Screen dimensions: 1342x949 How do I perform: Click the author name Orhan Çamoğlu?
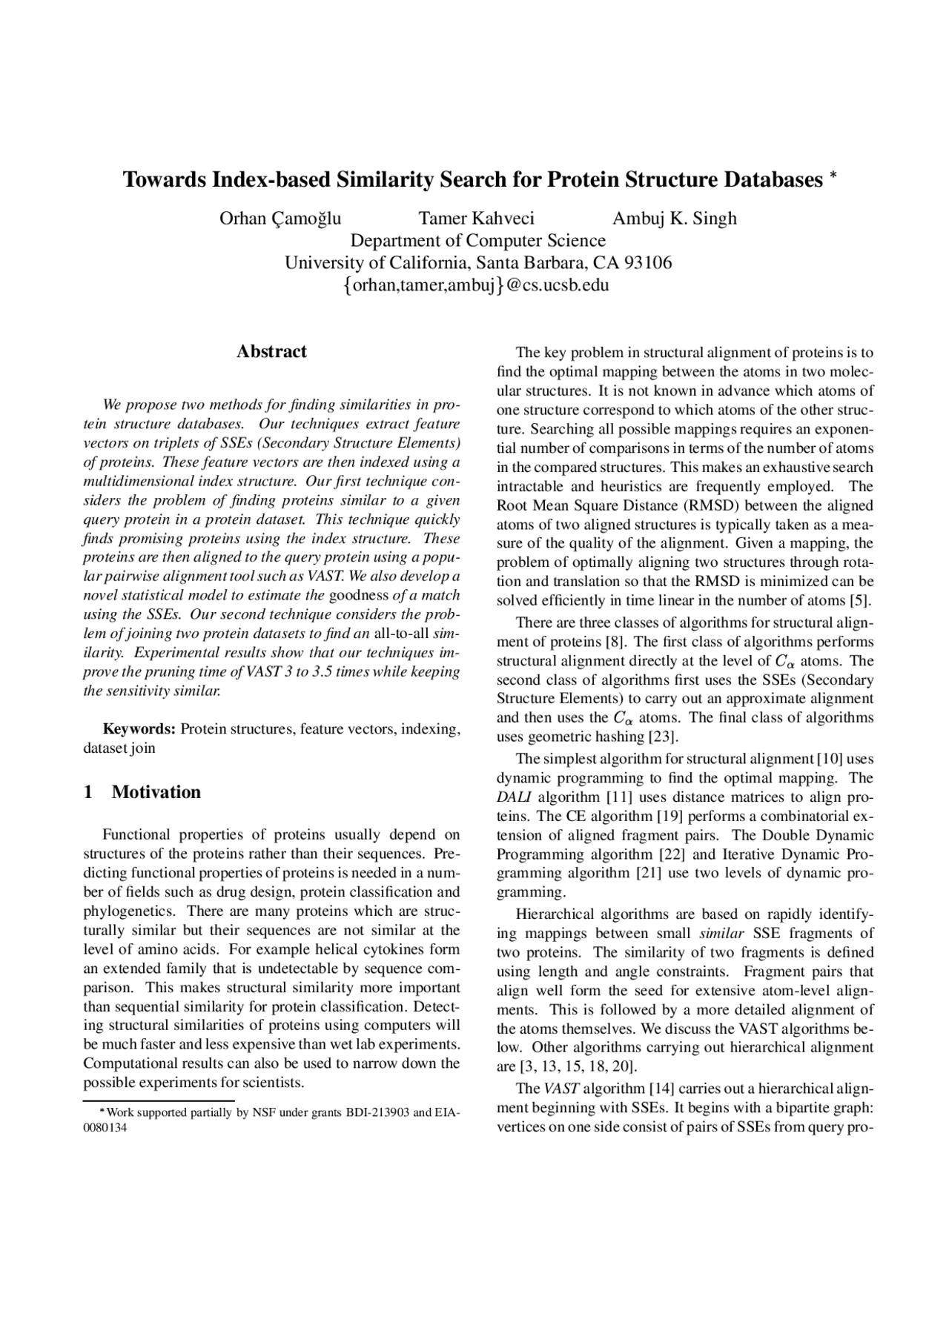pyautogui.click(x=280, y=218)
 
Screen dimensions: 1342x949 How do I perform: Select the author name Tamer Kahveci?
pyautogui.click(x=476, y=218)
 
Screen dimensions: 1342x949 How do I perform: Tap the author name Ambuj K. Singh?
pyautogui.click(x=674, y=218)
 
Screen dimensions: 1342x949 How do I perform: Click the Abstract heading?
pyautogui.click(x=271, y=351)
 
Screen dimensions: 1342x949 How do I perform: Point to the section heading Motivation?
pyautogui.click(x=156, y=792)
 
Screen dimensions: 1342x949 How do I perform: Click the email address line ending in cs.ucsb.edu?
pyautogui.click(x=476, y=285)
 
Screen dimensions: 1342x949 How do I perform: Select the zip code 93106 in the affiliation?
pyautogui.click(x=649, y=262)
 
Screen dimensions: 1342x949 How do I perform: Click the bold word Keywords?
pyautogui.click(x=139, y=729)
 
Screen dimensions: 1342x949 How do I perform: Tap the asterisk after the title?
pyautogui.click(x=833, y=176)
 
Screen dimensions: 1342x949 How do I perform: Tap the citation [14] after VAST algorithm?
pyautogui.click(x=661, y=1089)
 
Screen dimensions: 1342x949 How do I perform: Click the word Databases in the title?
pyautogui.click(x=773, y=179)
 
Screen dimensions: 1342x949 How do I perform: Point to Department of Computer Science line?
pyautogui.click(x=477, y=240)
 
